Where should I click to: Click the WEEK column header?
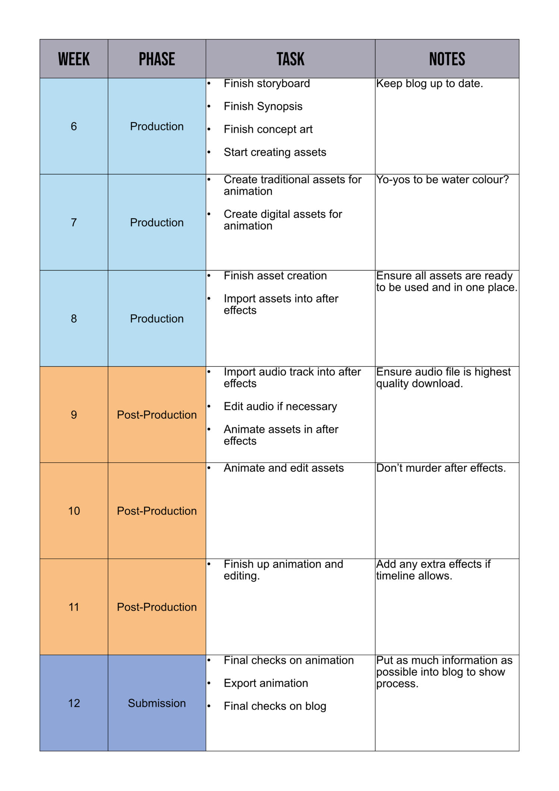(x=74, y=59)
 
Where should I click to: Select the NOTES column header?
(x=447, y=59)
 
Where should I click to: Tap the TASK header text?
(x=290, y=59)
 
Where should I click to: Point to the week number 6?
(x=74, y=126)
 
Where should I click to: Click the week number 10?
(x=74, y=511)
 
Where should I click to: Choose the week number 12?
(x=74, y=703)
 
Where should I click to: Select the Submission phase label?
(x=157, y=703)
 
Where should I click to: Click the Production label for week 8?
(x=157, y=319)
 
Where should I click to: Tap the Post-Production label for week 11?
(x=157, y=607)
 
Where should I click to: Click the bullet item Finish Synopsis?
(x=263, y=106)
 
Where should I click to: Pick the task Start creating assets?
(x=275, y=152)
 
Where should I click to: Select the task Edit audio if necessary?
(x=280, y=406)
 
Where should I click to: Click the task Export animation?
(x=266, y=683)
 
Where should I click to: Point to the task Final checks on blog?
(x=275, y=706)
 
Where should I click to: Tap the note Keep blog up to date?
(x=429, y=84)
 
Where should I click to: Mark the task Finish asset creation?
(x=275, y=276)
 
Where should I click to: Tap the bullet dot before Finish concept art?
(x=209, y=129)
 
